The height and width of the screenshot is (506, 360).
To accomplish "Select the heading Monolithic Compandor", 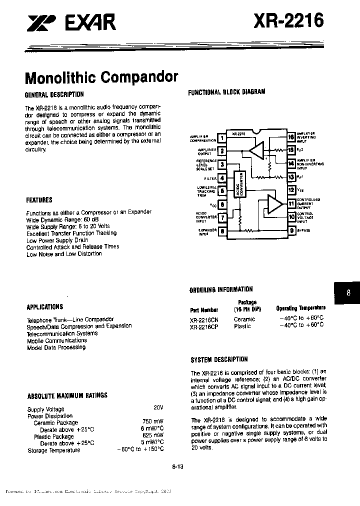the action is pos(101,78).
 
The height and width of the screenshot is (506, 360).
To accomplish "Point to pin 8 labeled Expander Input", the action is pos(221,231).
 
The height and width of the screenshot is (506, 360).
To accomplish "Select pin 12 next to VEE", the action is pos(290,190).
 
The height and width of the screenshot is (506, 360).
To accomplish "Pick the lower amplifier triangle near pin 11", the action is pos(274,203).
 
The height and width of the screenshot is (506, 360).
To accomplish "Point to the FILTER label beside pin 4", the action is pos(210,177).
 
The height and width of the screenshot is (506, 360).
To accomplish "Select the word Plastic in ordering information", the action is pos(243,325).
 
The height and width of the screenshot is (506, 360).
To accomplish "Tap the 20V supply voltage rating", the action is pos(158,408).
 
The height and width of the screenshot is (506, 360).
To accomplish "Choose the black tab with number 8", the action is pos(348,294).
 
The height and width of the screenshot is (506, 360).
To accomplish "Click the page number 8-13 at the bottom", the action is pos(177,467).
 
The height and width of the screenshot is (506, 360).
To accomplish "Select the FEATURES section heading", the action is pos(39,200).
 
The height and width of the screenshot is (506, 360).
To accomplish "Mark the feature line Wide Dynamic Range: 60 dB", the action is pos(61,219).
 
